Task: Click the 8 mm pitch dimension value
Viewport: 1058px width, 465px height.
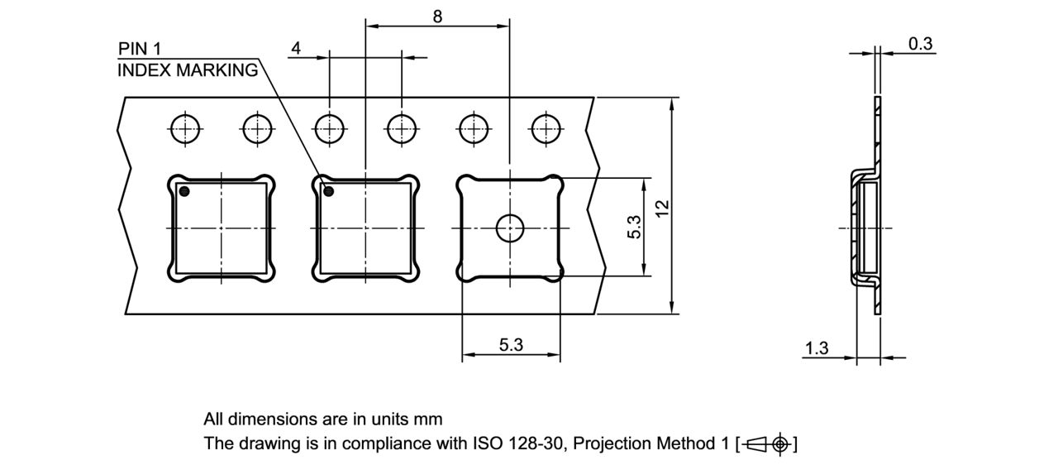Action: pos(437,15)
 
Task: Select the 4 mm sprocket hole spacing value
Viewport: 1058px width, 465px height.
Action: pos(296,48)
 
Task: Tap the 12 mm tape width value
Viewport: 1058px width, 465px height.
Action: pos(661,207)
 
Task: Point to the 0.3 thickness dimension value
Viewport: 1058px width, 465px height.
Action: pos(920,44)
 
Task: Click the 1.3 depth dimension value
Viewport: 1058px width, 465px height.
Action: pos(817,348)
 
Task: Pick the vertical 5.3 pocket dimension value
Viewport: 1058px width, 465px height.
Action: pos(634,228)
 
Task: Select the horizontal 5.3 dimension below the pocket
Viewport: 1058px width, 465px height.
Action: pos(511,345)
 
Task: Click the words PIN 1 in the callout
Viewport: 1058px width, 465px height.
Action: pos(140,49)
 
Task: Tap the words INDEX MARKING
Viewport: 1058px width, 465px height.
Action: pos(188,70)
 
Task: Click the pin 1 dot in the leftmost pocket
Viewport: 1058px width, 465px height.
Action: pos(185,192)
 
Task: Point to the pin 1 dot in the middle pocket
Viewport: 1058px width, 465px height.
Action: pos(328,192)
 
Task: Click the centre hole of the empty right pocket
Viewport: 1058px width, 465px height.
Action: pos(510,228)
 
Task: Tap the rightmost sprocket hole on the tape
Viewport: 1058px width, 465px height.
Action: pos(546,128)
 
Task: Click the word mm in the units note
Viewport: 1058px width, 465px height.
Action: pos(430,419)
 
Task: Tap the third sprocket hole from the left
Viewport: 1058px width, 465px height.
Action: pos(329,128)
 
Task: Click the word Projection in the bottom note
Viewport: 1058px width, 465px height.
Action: pos(611,443)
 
